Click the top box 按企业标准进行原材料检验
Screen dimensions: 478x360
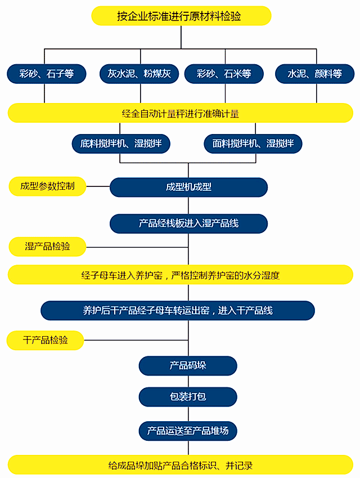click(181, 16)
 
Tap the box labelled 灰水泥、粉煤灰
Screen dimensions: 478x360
click(135, 73)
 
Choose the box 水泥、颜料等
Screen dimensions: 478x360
click(314, 73)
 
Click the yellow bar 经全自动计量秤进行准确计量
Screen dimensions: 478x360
click(181, 113)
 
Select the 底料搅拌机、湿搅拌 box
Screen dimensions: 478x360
click(121, 144)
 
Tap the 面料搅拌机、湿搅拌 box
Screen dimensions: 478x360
click(253, 144)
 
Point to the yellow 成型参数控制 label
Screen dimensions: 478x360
click(47, 186)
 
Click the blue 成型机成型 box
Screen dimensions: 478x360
click(188, 187)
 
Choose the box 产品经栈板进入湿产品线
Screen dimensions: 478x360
click(188, 224)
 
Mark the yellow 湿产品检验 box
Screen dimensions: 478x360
click(47, 247)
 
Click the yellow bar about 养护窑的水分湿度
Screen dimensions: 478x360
click(181, 275)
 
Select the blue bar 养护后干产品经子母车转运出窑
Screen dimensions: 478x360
click(178, 310)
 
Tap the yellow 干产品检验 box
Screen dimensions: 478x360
click(45, 339)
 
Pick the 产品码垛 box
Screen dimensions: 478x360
click(188, 365)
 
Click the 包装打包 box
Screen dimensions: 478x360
click(188, 396)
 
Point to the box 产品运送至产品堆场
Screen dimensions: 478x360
click(188, 431)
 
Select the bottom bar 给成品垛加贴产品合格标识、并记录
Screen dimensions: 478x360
click(181, 466)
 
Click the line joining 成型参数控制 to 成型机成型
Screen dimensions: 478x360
click(98, 186)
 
